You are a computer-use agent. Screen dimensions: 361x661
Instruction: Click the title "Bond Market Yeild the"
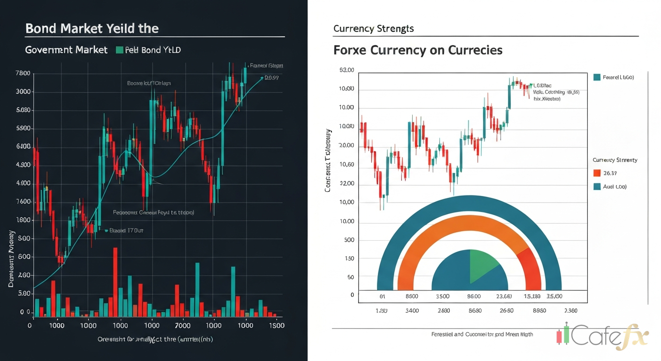[x=92, y=29]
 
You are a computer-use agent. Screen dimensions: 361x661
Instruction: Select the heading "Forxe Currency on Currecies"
[x=418, y=50]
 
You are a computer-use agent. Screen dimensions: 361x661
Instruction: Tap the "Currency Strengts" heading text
[x=374, y=29]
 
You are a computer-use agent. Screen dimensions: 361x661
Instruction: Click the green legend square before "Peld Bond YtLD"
[x=119, y=50]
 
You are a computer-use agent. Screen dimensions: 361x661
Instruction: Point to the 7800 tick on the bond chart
[x=23, y=73]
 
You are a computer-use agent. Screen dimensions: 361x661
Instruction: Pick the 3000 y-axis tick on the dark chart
[x=23, y=92]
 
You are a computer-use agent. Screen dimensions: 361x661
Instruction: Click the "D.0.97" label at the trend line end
[x=272, y=78]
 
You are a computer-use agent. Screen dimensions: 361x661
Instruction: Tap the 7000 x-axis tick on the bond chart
[x=182, y=325]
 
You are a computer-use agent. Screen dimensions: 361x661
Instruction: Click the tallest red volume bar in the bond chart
[x=115, y=282]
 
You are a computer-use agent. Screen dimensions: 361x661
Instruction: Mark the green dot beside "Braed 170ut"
[x=106, y=231]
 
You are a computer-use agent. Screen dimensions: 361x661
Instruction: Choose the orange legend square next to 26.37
[x=597, y=173]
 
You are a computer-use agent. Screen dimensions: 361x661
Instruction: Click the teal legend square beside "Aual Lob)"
[x=597, y=186]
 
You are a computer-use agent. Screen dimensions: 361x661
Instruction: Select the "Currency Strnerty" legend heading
[x=615, y=160]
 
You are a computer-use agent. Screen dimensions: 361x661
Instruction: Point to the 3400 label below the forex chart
[x=412, y=310]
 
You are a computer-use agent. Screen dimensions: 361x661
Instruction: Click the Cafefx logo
[x=604, y=336]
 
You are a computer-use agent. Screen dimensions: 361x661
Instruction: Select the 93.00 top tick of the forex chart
[x=346, y=70]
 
